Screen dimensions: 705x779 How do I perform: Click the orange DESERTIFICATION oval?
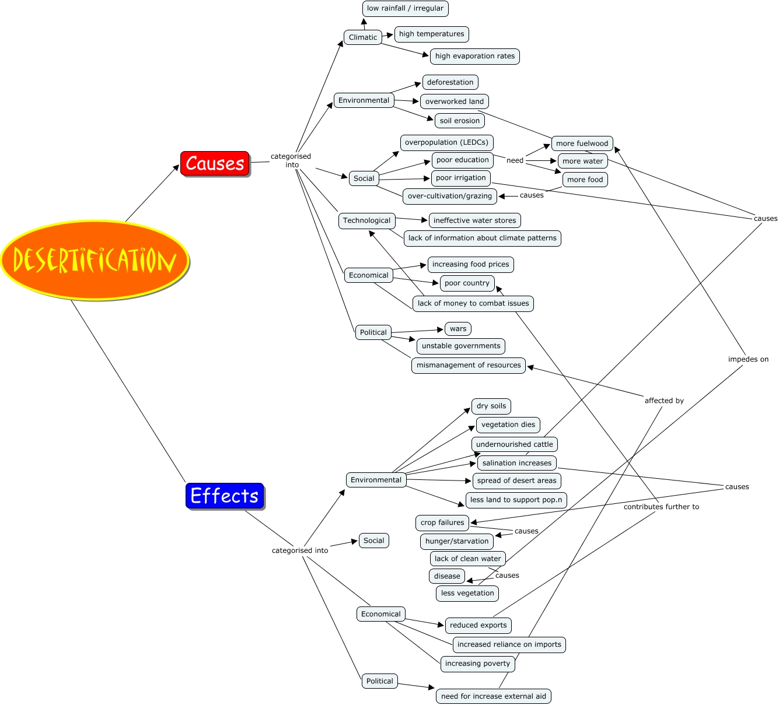click(x=95, y=260)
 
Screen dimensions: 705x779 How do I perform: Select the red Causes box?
click(x=215, y=163)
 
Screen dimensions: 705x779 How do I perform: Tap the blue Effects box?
click(x=225, y=496)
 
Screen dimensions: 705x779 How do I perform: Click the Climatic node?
click(x=363, y=37)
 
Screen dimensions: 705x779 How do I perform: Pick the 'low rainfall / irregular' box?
click(x=405, y=9)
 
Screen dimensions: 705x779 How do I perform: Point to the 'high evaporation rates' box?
click(x=474, y=57)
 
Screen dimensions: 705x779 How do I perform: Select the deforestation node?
click(x=450, y=82)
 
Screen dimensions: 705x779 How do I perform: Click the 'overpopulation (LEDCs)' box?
click(x=446, y=143)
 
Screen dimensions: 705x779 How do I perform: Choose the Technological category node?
click(x=366, y=220)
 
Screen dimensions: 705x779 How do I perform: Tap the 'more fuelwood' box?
click(x=582, y=143)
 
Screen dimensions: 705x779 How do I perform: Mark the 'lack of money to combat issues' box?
click(x=473, y=303)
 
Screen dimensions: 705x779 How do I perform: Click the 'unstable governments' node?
click(x=460, y=346)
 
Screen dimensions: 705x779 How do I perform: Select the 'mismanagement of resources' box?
click(x=468, y=365)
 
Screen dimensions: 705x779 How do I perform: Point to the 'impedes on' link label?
click(x=748, y=359)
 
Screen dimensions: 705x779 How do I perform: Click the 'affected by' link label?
click(x=664, y=401)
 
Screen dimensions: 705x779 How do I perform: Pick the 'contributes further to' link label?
click(x=661, y=507)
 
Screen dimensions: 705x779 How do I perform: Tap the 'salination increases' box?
click(x=516, y=463)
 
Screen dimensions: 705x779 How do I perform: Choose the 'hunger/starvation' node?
click(x=456, y=541)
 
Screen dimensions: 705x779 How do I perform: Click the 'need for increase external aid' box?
click(x=493, y=696)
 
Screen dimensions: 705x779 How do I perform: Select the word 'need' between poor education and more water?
click(x=515, y=160)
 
